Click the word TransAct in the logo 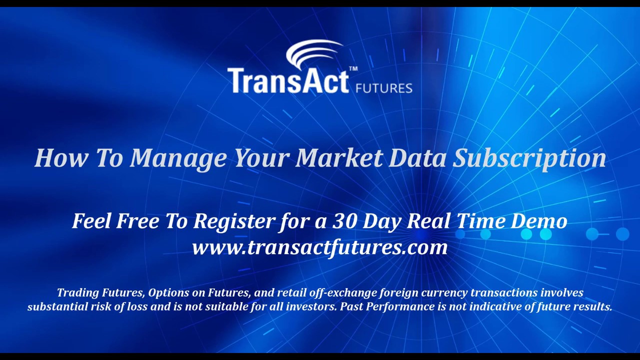(287, 81)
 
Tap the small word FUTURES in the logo (383, 88)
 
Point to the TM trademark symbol (353, 69)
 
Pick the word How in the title (61, 158)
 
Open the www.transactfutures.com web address (319, 247)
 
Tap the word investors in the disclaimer (310, 306)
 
